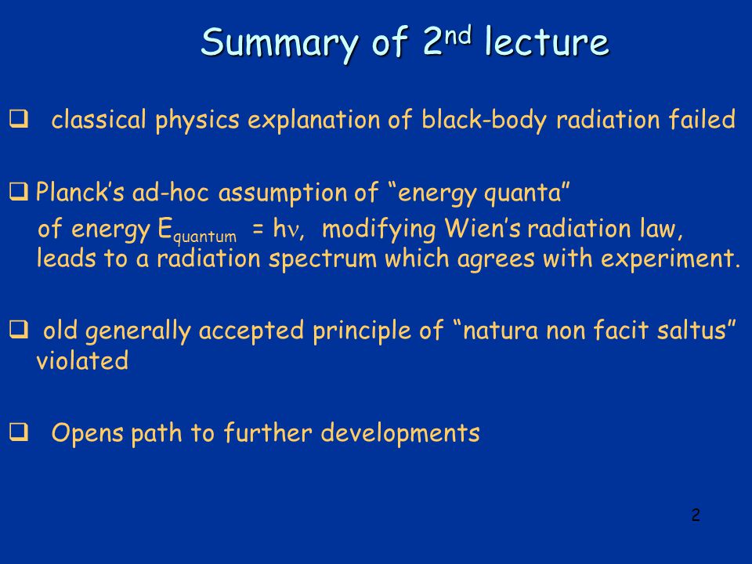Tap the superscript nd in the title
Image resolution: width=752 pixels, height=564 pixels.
pyautogui.click(x=457, y=35)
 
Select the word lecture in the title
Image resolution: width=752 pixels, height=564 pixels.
pyautogui.click(x=547, y=42)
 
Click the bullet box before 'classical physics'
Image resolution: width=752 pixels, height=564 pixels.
pyautogui.click(x=19, y=119)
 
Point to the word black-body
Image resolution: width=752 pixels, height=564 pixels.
pyautogui.click(x=484, y=120)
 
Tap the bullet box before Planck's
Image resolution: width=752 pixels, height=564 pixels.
pyautogui.click(x=19, y=192)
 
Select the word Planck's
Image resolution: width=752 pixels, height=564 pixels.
pyautogui.click(x=80, y=192)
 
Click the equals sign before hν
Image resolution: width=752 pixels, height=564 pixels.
pyautogui.click(x=258, y=230)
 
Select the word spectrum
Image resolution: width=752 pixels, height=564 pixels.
pyautogui.click(x=322, y=259)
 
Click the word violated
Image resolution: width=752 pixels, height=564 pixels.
pyautogui.click(x=82, y=360)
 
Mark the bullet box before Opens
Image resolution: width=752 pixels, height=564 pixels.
pyautogui.click(x=19, y=432)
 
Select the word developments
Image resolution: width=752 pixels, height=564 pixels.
pyautogui.click(x=400, y=432)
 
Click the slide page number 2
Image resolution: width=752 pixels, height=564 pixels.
pyautogui.click(x=696, y=515)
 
